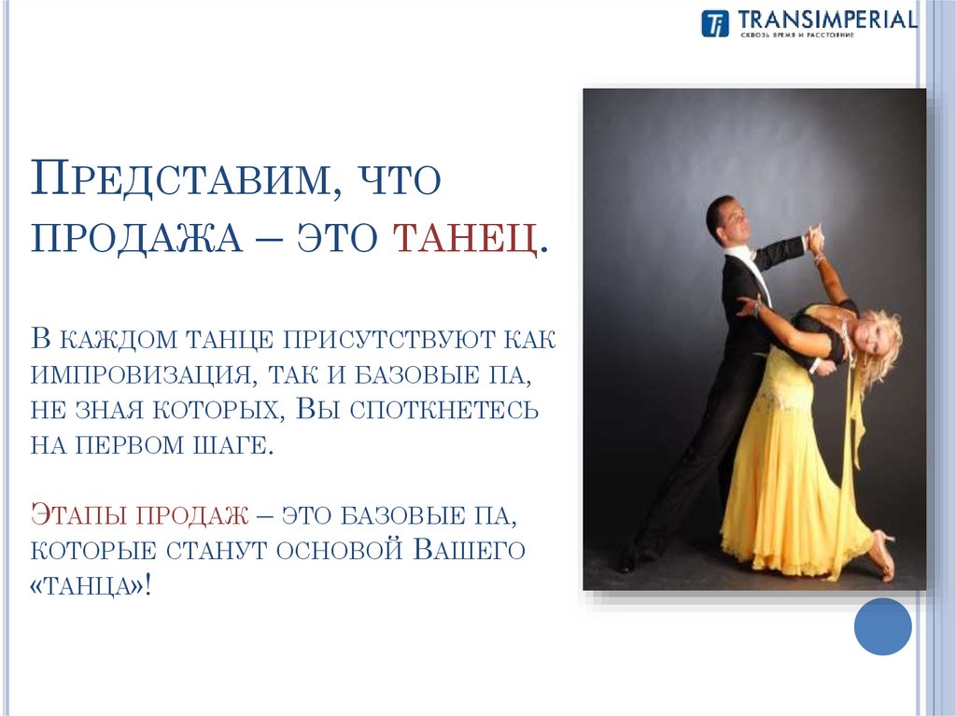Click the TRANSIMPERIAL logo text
tap(826, 20)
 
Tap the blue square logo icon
tap(714, 23)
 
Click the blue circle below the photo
tap(882, 625)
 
